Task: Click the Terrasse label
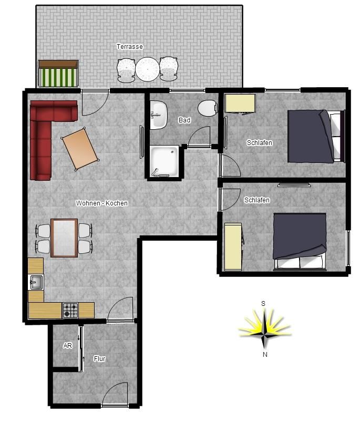click(x=129, y=47)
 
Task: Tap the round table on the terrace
click(x=147, y=69)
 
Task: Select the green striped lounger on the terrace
click(x=58, y=74)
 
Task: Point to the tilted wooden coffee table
click(x=80, y=149)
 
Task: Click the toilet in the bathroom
click(x=208, y=108)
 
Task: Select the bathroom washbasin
click(x=158, y=115)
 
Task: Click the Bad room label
click(x=184, y=120)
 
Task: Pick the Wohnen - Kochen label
click(x=102, y=203)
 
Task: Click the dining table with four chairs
click(x=64, y=238)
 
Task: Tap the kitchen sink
click(x=36, y=282)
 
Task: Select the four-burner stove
click(x=70, y=311)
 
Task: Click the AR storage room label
click(x=67, y=346)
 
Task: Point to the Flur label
click(x=99, y=359)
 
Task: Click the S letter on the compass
click(x=263, y=304)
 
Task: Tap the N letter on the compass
click(x=265, y=355)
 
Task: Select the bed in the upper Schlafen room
click(x=316, y=136)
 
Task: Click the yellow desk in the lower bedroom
click(x=233, y=246)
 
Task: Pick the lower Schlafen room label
click(x=257, y=200)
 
